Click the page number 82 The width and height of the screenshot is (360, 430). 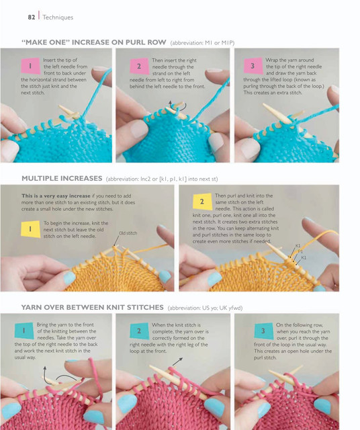[32, 17]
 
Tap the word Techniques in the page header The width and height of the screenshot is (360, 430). [58, 17]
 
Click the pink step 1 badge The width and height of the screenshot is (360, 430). [30, 66]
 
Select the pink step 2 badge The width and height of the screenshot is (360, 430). [139, 66]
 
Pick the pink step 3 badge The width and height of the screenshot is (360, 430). [253, 66]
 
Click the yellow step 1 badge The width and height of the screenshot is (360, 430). [30, 228]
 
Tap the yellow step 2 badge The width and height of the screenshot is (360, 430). [202, 202]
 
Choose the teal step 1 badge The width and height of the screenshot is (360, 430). [24, 331]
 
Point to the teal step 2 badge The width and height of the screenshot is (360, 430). [139, 331]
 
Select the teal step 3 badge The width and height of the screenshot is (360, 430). [263, 331]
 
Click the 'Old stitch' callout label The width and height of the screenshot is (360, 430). [128, 233]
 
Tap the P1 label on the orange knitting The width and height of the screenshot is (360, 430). [300, 251]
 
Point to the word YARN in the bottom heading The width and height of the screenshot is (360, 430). [31, 307]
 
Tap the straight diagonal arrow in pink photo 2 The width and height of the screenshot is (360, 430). [177, 361]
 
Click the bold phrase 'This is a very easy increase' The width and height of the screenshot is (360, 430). [56, 196]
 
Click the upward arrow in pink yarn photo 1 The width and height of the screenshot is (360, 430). [45, 372]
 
